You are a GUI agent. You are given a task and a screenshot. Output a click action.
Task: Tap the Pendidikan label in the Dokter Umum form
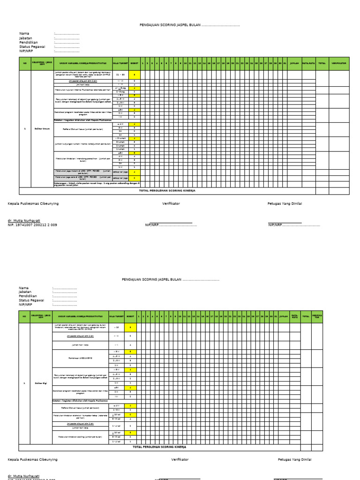pos(29,42)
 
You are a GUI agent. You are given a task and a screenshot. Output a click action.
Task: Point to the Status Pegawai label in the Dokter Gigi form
pos(31,300)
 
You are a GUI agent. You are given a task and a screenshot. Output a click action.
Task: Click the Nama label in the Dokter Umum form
pos(24,33)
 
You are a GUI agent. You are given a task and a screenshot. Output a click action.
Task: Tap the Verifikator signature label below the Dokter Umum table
pos(171,203)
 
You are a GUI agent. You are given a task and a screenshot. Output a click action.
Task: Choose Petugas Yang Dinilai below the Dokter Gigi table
pos(294,459)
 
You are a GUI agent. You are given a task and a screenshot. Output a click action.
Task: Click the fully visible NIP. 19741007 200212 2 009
pos(32,225)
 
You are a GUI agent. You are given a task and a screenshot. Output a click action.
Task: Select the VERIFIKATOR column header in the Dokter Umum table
pos(338,63)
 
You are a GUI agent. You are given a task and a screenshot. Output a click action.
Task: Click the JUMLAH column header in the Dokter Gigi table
pos(284,317)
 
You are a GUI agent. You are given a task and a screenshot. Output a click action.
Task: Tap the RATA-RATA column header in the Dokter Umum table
pos(308,63)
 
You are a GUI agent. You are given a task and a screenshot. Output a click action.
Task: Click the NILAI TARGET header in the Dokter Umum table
pos(120,63)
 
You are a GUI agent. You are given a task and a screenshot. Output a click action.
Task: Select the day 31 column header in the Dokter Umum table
pos(285,63)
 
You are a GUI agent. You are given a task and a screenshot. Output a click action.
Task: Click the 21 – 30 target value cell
pos(120,75)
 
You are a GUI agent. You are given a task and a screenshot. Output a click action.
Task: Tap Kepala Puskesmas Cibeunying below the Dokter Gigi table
pos(33,459)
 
